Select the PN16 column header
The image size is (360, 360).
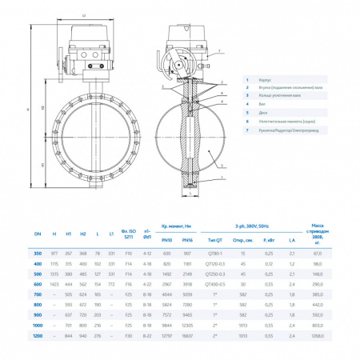coord(188,239)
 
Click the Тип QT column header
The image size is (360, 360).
coord(216,239)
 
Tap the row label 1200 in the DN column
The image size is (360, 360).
coord(37,337)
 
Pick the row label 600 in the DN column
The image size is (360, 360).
coord(37,283)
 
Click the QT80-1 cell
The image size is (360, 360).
coord(216,251)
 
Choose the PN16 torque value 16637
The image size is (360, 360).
coord(188,337)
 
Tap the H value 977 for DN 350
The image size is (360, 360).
coord(54,251)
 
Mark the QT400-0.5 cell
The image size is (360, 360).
coord(216,283)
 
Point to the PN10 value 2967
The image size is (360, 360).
coord(166,283)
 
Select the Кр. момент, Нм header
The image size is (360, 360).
coord(177,227)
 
